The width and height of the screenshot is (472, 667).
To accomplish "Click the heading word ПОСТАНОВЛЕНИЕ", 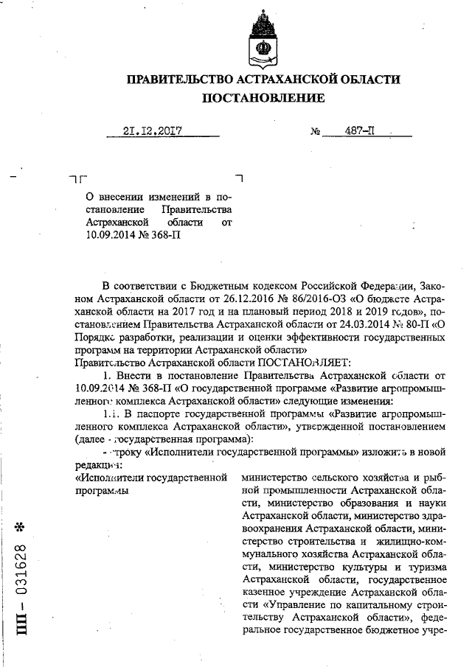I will tap(263, 98).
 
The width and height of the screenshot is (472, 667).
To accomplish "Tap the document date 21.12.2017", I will tap(153, 133).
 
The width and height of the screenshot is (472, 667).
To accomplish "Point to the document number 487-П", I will tap(359, 133).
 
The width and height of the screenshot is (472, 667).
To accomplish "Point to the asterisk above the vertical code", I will tap(22, 528).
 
